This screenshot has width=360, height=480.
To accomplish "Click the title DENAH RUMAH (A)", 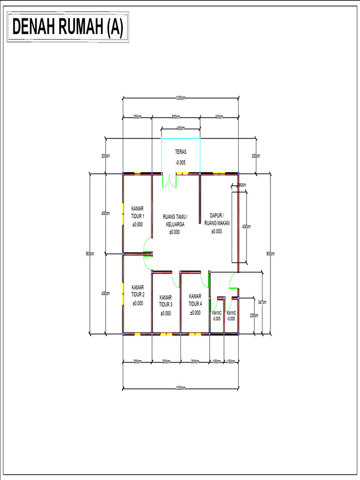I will tap(67, 28).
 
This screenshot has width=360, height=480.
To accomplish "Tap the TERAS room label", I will tap(181, 152).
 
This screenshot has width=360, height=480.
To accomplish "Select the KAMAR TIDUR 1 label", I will tap(138, 212).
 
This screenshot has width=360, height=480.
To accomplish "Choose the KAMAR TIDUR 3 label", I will tap(165, 300).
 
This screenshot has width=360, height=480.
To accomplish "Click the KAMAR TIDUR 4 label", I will tap(195, 300).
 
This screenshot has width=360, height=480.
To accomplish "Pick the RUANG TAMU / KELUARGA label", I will tap(175, 220).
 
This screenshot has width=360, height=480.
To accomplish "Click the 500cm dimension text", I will tap(176, 117).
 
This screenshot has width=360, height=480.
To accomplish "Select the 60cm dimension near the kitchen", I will tap(242, 185).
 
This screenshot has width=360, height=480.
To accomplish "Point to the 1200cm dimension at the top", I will tap(180, 98).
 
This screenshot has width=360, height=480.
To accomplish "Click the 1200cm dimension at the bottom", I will tap(180, 388).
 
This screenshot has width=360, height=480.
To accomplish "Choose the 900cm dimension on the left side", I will tap(90, 254).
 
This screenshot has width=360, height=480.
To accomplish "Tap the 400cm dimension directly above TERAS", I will tap(180, 128).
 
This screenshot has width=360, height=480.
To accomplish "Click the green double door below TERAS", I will tap(169, 181).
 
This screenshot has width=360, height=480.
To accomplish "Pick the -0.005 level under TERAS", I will tap(181, 163).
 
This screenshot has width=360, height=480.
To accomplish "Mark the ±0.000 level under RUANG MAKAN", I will tap(217, 231).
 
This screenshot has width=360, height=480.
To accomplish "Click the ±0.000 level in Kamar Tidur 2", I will tap(138, 303).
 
